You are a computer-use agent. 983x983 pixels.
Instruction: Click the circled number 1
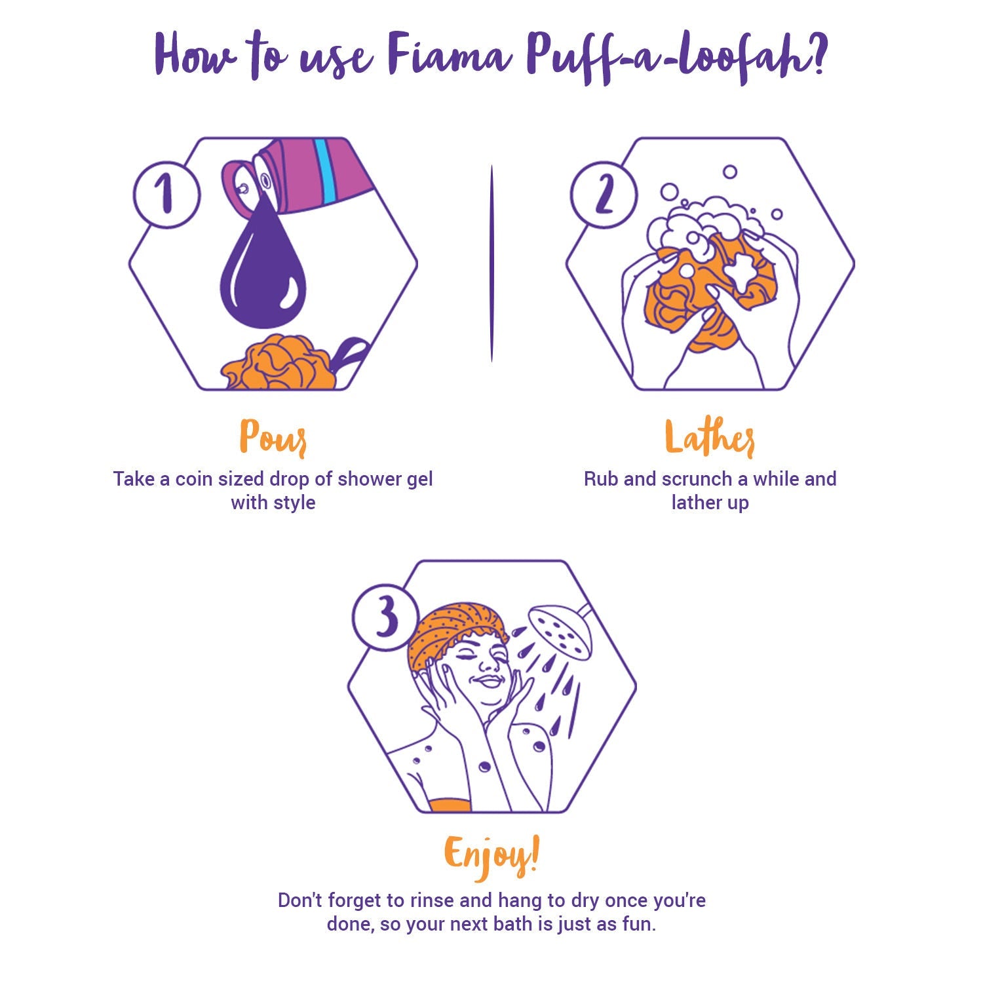click(x=166, y=195)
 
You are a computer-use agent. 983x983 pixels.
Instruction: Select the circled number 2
click(x=604, y=195)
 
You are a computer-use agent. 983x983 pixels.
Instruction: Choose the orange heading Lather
click(x=710, y=437)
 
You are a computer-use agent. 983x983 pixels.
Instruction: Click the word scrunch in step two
click(x=697, y=479)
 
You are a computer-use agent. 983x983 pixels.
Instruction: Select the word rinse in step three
click(x=433, y=900)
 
